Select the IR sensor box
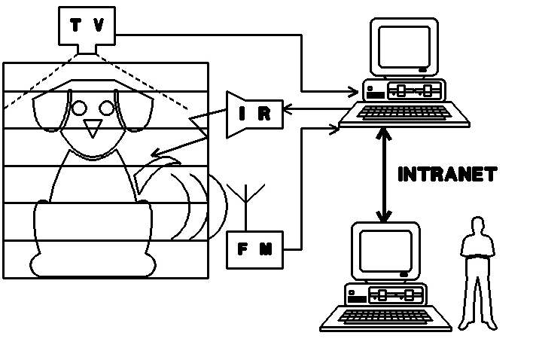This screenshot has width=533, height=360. coord(254,114)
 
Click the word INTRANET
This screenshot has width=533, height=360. coord(446,174)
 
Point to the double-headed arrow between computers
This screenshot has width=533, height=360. coord(385,175)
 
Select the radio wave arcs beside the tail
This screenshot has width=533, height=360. coord(199,207)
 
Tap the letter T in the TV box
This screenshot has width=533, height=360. coord(75,26)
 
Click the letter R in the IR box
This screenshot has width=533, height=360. coord(264,114)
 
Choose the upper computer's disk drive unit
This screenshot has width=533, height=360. coord(404,91)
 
